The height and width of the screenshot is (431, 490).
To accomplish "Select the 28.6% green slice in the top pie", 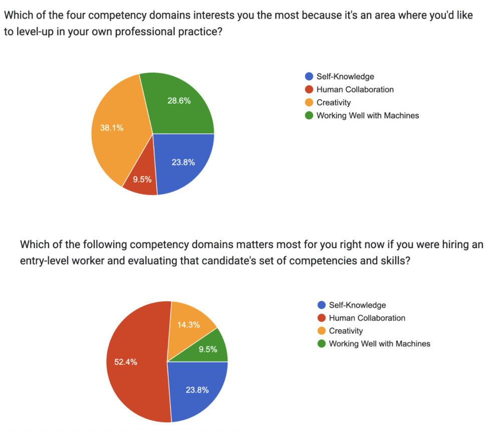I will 178,105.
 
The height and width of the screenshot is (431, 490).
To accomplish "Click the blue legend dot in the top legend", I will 309,77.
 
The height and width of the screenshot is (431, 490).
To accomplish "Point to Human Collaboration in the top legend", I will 355,90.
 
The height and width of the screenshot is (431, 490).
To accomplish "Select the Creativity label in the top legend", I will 333,103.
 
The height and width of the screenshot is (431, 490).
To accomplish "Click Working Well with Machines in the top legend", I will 367,116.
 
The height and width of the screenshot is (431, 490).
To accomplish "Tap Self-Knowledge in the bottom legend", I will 357,305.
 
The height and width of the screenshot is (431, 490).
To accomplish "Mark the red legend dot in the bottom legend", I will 321,318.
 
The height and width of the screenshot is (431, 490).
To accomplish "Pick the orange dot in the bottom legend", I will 321,331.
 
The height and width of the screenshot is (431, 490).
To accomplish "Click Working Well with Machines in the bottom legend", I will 379,344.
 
